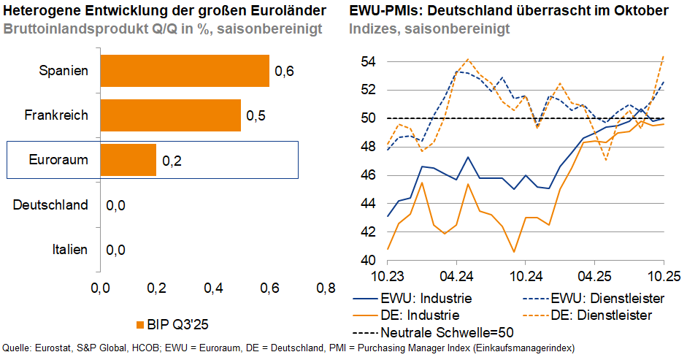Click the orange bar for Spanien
pos(184,71)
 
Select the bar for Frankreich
pos(170,115)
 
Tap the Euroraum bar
pos(128,160)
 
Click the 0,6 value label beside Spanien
pos(283,72)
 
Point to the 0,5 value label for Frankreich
pos(255,116)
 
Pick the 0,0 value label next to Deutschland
pos(115,205)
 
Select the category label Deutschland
pos(50,205)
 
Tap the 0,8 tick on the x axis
pos(326,288)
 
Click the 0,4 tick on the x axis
pos(212,288)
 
